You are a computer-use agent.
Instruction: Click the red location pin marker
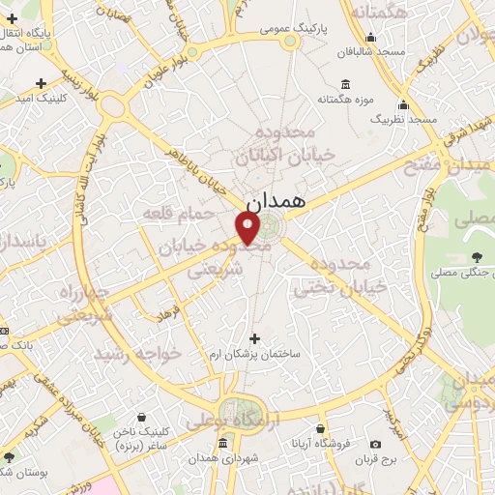[247, 227]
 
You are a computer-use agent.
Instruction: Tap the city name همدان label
[276, 202]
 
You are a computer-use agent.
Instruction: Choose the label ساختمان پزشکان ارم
[255, 355]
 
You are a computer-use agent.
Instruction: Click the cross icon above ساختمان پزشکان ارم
[255, 338]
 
